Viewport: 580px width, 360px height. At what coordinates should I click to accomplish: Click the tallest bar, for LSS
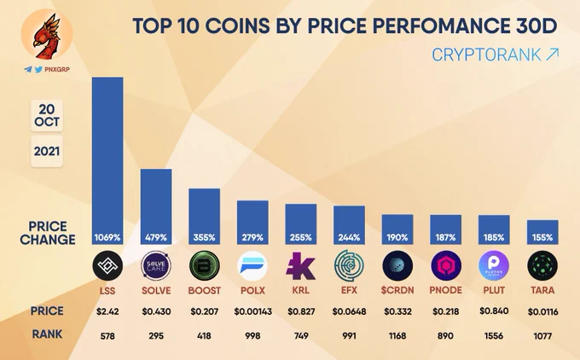click(107, 160)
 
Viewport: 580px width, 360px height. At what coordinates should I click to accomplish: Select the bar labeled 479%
click(156, 206)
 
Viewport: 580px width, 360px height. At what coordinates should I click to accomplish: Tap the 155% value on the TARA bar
click(542, 237)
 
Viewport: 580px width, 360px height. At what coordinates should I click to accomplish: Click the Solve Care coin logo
click(156, 265)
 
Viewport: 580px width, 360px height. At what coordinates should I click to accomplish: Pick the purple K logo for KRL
click(300, 265)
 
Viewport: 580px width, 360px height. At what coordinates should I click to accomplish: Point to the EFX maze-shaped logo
click(349, 265)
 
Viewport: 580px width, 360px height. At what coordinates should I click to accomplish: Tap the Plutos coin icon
click(494, 265)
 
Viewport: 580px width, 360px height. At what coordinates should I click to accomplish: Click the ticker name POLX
click(252, 290)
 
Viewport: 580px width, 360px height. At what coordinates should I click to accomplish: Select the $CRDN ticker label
click(397, 290)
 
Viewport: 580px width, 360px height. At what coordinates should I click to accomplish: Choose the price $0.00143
click(252, 312)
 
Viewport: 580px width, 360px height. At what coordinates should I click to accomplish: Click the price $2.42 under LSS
click(107, 312)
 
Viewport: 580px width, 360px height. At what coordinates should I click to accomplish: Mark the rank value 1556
click(494, 336)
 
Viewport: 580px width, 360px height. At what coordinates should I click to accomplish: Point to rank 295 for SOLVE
click(156, 336)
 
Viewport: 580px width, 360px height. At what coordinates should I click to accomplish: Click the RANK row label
click(47, 334)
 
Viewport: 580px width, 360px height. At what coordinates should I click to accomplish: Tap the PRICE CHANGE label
click(48, 233)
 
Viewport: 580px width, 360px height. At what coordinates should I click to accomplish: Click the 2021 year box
click(47, 151)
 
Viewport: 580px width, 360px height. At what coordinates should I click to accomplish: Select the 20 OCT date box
click(47, 115)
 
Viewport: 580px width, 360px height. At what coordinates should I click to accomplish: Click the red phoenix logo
click(47, 35)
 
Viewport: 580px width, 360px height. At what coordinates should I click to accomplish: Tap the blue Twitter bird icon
click(38, 70)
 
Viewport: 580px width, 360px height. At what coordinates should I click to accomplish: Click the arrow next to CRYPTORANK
click(552, 55)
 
